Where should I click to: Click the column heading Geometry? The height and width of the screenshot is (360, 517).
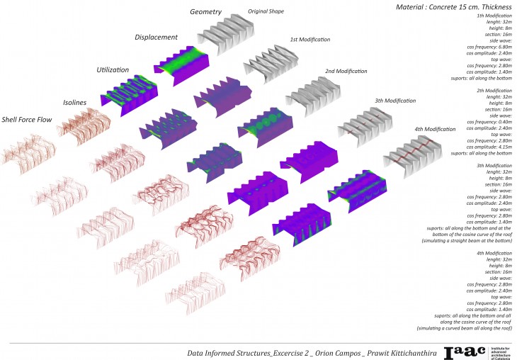(206, 11)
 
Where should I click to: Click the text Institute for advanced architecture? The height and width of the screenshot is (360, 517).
(495, 349)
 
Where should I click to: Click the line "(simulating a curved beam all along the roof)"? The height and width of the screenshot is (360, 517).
(462, 328)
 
